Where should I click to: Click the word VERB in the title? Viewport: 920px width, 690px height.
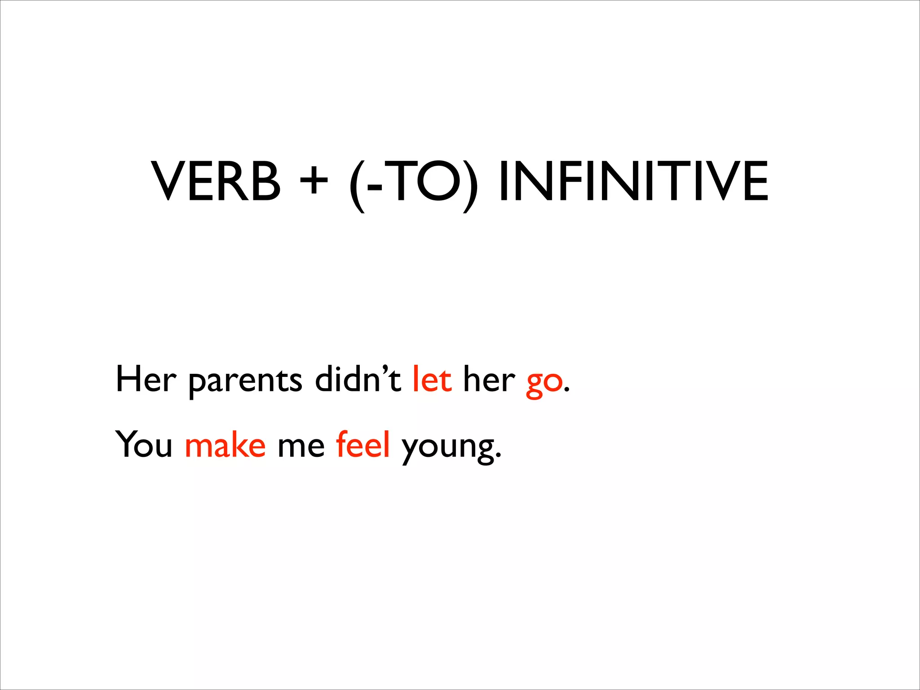[216, 181]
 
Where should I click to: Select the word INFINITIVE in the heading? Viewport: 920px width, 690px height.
[633, 181]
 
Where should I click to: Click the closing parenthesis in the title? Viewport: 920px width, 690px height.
[470, 184]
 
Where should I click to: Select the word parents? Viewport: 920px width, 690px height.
[245, 382]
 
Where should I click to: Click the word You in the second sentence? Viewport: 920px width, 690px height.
[144, 445]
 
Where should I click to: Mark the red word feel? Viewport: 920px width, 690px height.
[363, 445]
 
